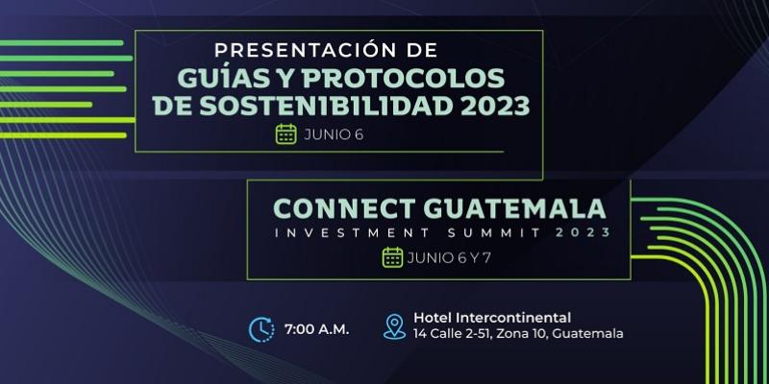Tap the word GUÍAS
[211, 77]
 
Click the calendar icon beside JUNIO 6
[285, 134]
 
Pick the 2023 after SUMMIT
[576, 233]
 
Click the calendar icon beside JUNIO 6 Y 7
[392, 257]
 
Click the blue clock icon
[260, 328]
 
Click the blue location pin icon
[392, 326]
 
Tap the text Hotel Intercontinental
[492, 318]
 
